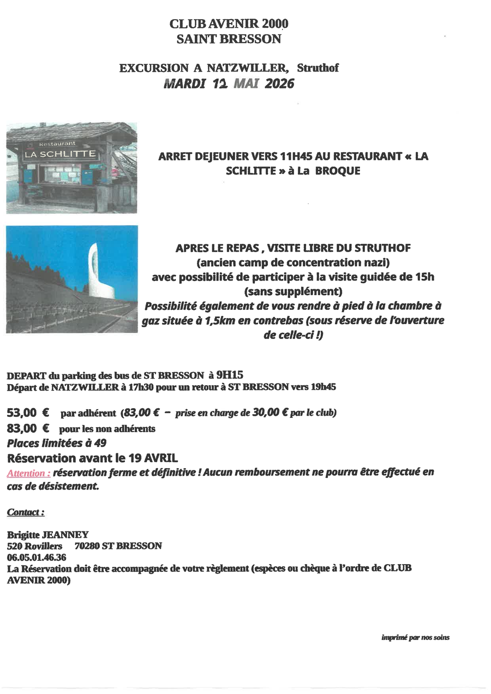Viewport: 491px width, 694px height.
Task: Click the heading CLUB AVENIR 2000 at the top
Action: click(x=229, y=23)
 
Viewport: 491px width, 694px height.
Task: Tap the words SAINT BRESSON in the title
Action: click(x=229, y=39)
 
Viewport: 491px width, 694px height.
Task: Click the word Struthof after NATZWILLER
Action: click(x=318, y=68)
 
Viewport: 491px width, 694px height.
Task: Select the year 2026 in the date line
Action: click(x=279, y=83)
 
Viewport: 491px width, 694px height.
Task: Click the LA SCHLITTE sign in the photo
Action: click(x=60, y=154)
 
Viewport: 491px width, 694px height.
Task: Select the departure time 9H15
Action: click(x=229, y=374)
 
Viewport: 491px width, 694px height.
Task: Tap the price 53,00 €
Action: click(x=28, y=412)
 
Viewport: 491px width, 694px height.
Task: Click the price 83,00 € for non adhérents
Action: click(x=28, y=428)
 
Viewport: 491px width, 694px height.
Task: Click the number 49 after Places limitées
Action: click(x=100, y=443)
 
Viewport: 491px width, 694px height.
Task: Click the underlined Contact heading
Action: click(x=26, y=512)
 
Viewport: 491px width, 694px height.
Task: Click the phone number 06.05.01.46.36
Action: click(x=37, y=557)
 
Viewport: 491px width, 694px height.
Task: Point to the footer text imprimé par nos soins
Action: click(x=415, y=637)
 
